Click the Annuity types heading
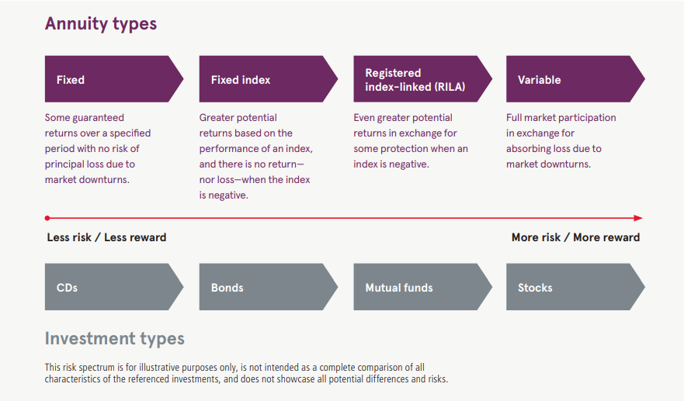coord(101,24)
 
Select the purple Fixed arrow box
coord(109,79)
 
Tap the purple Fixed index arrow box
coord(263,79)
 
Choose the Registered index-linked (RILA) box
coord(418,79)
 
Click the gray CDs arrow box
coord(109,287)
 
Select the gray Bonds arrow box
coord(263,287)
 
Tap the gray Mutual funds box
coord(418,287)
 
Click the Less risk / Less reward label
coord(106,237)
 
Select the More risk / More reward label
coord(575,237)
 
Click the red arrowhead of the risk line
coord(638,218)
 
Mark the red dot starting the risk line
coord(47,218)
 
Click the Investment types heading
coord(115,339)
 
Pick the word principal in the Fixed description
coord(67,164)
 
